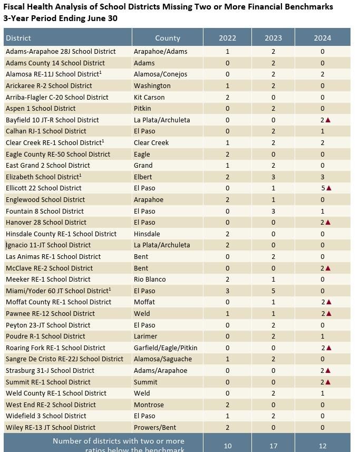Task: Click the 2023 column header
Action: pos(273,38)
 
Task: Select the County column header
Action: pos(168,38)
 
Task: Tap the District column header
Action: pos(18,38)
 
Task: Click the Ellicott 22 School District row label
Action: pos(44,188)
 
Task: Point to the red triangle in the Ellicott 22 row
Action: pos(329,188)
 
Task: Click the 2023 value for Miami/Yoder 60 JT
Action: pos(274,291)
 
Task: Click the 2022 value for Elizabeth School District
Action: pos(228,177)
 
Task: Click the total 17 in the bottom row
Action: pos(274,446)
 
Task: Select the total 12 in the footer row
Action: pos(323,446)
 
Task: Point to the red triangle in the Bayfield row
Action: pos(328,120)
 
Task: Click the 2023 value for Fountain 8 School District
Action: pos(274,211)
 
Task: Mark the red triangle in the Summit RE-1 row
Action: pos(328,382)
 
